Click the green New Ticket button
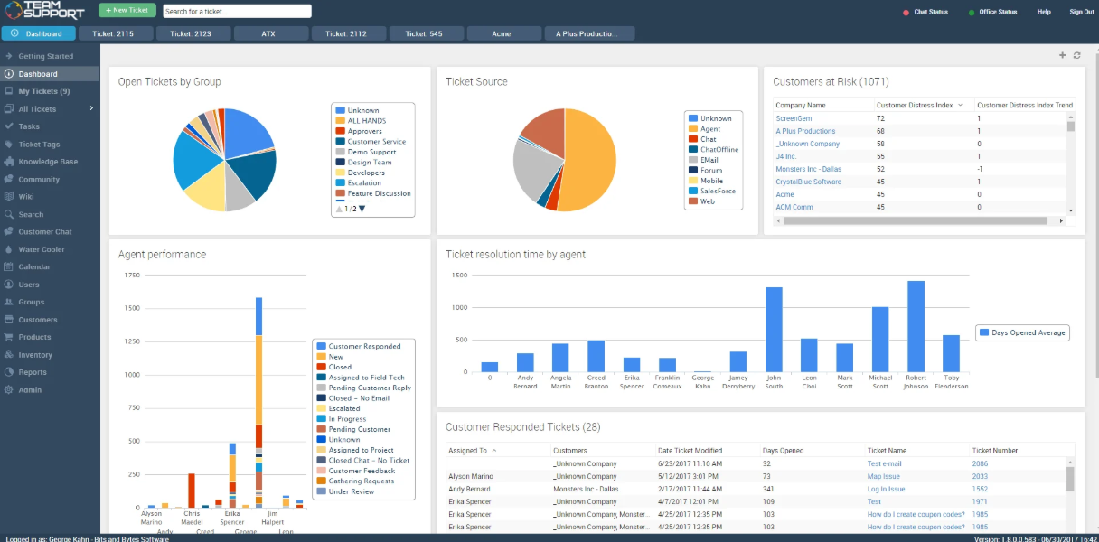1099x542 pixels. click(127, 11)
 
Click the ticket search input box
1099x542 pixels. click(237, 12)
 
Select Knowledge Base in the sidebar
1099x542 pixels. click(48, 162)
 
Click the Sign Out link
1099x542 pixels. click(1081, 12)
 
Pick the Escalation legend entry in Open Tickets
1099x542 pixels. click(364, 182)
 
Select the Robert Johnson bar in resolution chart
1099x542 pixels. click(916, 326)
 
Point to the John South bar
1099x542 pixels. click(774, 330)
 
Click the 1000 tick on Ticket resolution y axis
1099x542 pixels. click(459, 308)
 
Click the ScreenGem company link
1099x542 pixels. click(794, 118)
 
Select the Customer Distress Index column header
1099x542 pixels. click(914, 105)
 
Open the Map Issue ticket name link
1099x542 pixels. click(883, 476)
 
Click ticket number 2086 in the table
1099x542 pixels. click(980, 463)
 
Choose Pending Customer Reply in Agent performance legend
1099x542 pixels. click(369, 388)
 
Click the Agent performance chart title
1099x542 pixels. click(162, 255)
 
